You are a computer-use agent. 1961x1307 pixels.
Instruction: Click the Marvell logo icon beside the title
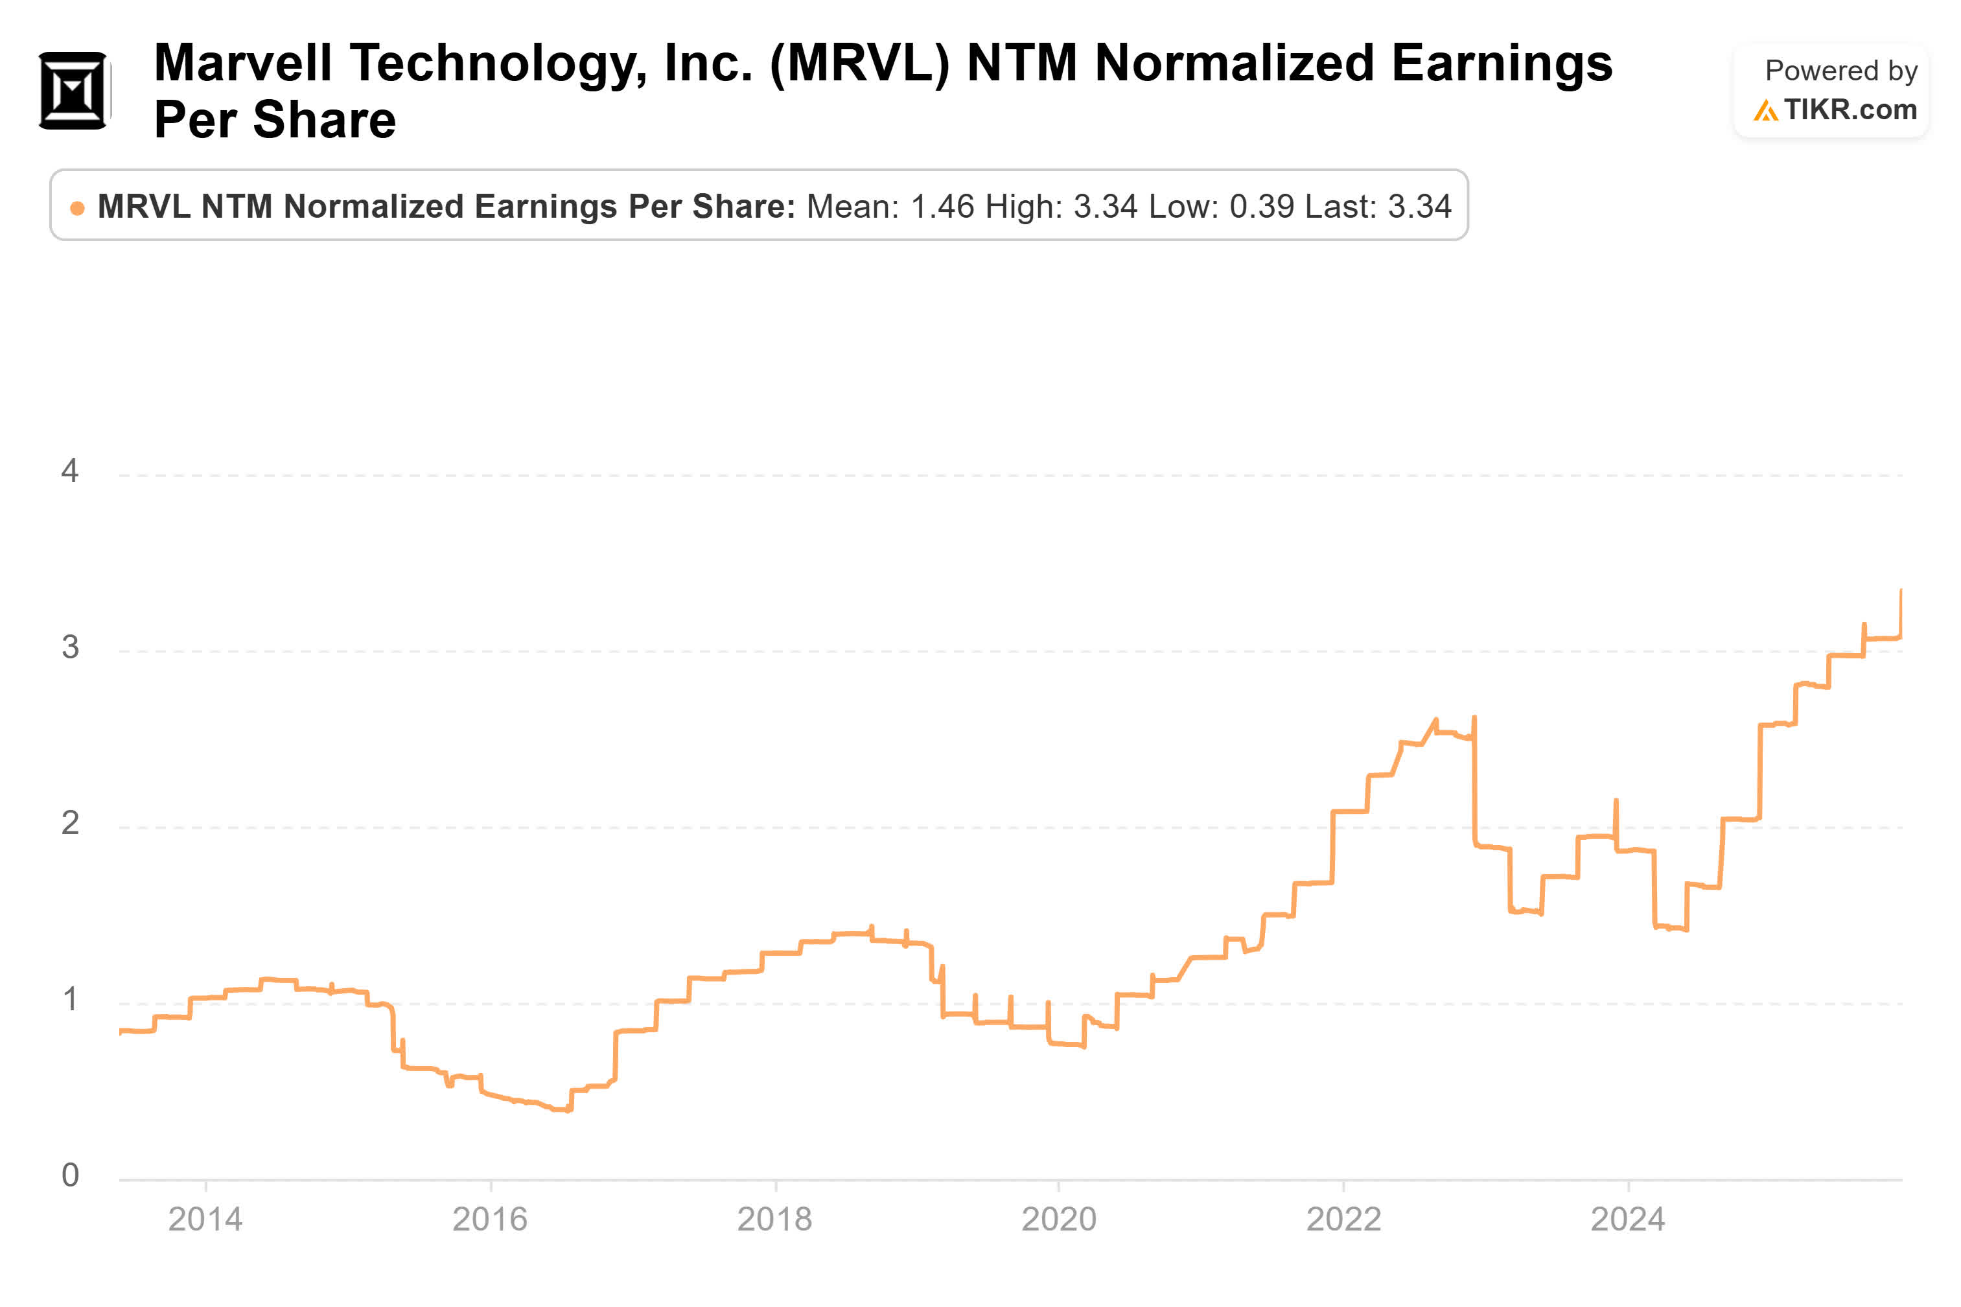tap(73, 90)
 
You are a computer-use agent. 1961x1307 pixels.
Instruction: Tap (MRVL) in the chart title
tap(859, 64)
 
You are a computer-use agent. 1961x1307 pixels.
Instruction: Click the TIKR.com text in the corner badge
tap(1850, 110)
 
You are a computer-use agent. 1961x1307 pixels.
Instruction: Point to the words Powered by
tap(1840, 71)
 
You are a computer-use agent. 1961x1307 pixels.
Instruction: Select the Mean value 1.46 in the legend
tap(942, 207)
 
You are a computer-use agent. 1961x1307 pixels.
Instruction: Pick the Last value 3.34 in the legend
tap(1419, 207)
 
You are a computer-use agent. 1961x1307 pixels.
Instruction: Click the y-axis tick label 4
tap(70, 472)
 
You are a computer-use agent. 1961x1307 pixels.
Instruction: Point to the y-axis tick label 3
tap(70, 647)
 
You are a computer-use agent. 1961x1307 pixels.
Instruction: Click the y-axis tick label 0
tap(70, 1175)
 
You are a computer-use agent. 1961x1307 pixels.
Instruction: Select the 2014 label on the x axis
tap(205, 1220)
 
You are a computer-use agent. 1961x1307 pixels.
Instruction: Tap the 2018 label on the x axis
tap(774, 1220)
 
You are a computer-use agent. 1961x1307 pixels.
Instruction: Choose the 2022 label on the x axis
tap(1343, 1220)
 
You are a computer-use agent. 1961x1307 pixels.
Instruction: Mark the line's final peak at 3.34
tap(1900, 590)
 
